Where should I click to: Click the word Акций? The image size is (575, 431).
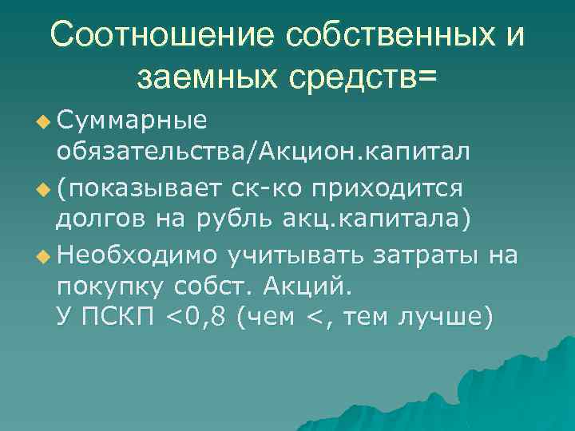point(313,286)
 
